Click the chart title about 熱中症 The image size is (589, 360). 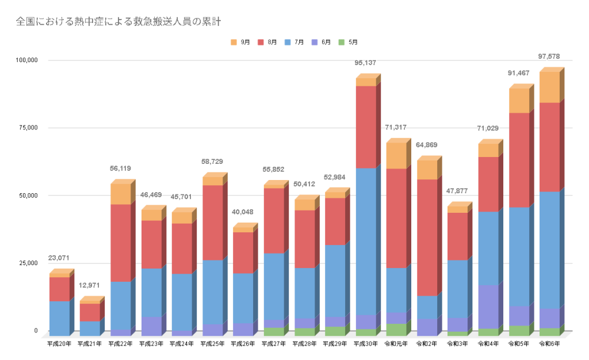(118, 22)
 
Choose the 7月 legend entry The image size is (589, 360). (294, 42)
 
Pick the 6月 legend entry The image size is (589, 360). (322, 42)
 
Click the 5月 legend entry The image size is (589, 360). (349, 42)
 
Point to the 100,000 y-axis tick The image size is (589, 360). (26, 60)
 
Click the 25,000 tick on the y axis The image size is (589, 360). (28, 263)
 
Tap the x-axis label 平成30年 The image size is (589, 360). (366, 344)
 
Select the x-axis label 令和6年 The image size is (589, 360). (550, 344)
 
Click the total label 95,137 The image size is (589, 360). (365, 63)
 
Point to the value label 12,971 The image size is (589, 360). (90, 285)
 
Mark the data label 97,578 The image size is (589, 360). (548, 56)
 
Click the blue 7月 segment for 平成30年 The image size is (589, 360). (365, 242)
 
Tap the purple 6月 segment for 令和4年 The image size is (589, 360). (488, 307)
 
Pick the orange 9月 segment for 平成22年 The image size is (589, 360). (120, 194)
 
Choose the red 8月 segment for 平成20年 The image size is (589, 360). (59, 289)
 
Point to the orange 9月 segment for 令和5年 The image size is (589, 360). (519, 101)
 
